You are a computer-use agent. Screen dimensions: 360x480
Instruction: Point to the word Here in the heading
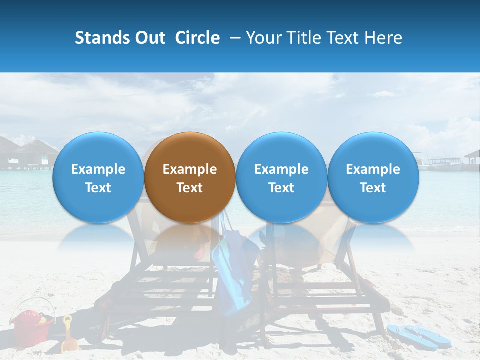point(384,38)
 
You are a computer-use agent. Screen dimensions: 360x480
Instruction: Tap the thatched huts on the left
point(30,152)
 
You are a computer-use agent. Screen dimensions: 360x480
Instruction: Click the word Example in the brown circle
point(190,169)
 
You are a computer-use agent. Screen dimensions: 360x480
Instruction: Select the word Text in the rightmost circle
point(373,188)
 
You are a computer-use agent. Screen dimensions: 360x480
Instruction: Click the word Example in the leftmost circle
point(98,169)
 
